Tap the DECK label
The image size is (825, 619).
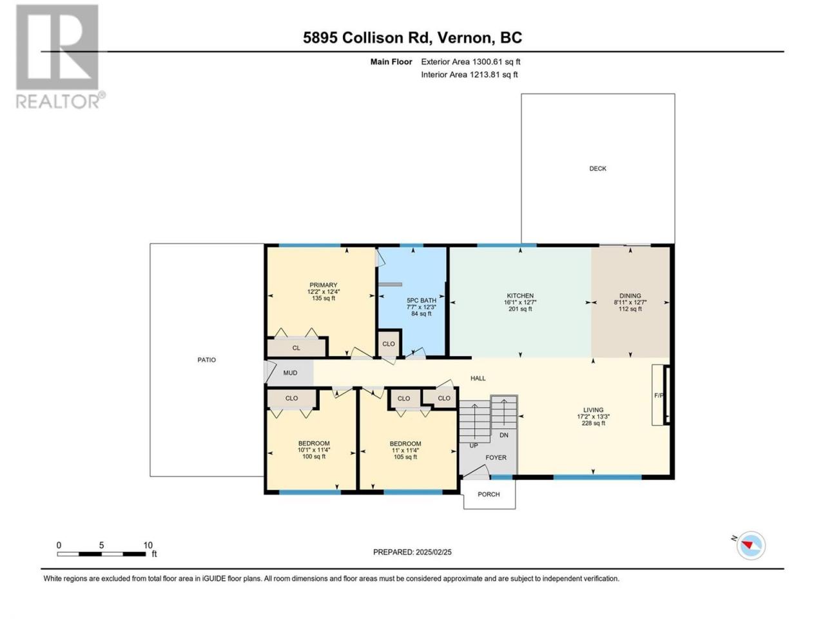click(x=597, y=169)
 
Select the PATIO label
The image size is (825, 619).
click(x=206, y=360)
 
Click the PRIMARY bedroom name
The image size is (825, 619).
click(x=324, y=285)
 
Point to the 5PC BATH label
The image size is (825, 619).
click(x=422, y=300)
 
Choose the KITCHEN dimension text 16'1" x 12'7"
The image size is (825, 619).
click(x=519, y=302)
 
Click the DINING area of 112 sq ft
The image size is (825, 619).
click(x=630, y=309)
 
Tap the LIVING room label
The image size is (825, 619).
click(x=593, y=409)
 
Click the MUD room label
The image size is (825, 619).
click(x=290, y=373)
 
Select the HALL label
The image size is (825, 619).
click(x=478, y=378)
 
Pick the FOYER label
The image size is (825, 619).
click(x=496, y=457)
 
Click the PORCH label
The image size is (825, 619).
click(x=489, y=494)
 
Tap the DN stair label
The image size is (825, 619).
click(x=503, y=435)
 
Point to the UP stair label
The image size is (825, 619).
click(x=474, y=446)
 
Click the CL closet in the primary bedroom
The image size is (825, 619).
click(x=296, y=348)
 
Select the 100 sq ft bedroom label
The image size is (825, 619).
click(x=314, y=457)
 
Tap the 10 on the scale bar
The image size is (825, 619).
click(x=148, y=545)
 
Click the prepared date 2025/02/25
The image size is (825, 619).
click(x=433, y=552)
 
